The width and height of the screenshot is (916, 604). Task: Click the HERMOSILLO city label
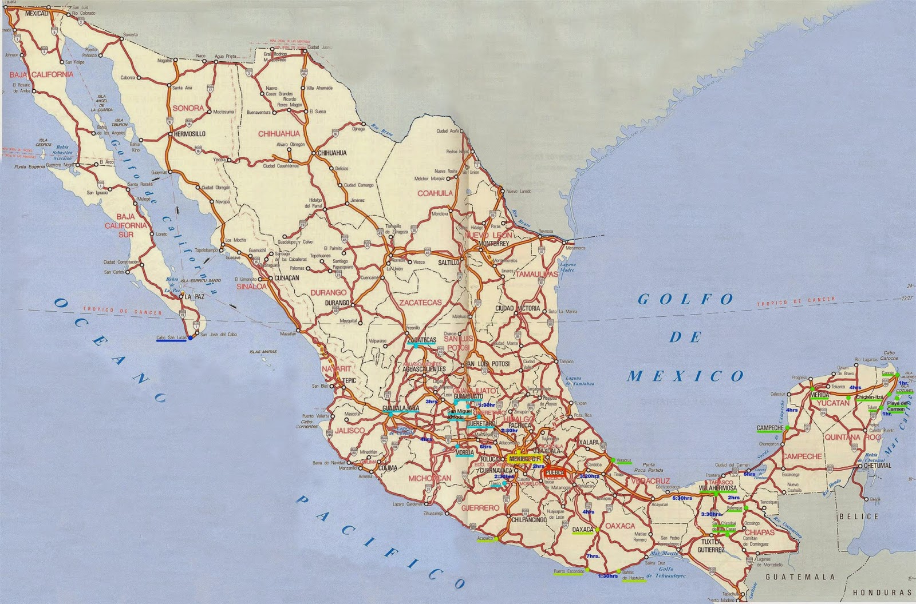[x=188, y=134]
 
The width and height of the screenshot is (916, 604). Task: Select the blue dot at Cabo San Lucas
[x=191, y=337]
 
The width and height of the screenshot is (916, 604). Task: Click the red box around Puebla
[x=554, y=473]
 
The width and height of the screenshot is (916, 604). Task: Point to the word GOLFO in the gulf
[x=685, y=299]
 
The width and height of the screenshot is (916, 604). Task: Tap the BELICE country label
[x=858, y=516]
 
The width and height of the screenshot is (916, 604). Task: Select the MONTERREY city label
[x=493, y=244]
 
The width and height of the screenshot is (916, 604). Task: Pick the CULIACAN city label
[x=286, y=277]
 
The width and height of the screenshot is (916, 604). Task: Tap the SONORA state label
[x=188, y=108]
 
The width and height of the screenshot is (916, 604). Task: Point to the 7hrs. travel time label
[x=593, y=556]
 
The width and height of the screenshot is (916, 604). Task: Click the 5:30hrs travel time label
[x=682, y=498]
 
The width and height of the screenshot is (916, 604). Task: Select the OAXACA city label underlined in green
[x=583, y=530]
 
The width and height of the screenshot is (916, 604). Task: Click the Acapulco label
[x=485, y=538]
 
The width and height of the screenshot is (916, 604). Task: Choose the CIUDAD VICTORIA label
[x=517, y=308]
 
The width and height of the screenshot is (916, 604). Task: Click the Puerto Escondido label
[x=568, y=571]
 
